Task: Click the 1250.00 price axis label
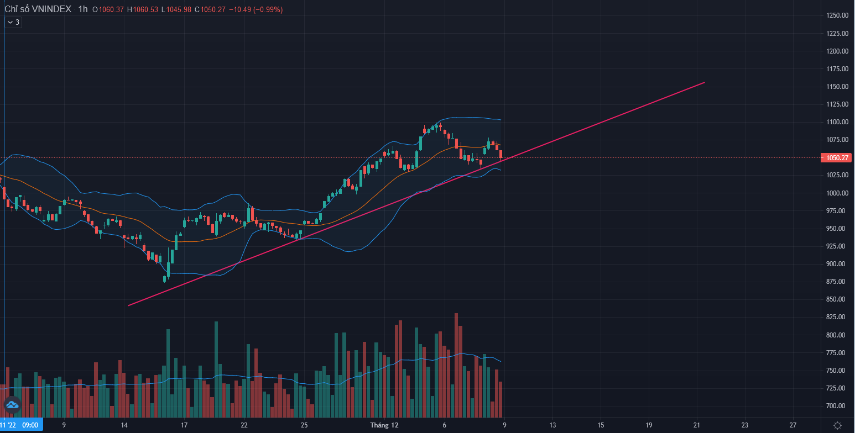tap(837, 15)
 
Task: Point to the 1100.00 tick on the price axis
tap(837, 122)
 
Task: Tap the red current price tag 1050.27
tap(837, 157)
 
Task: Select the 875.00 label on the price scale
tap(837, 282)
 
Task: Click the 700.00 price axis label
tap(837, 405)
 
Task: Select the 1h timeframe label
tap(83, 9)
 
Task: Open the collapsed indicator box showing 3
tap(13, 22)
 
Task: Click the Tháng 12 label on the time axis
tap(384, 425)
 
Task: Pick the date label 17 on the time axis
tap(184, 425)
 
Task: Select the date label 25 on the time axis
tap(304, 425)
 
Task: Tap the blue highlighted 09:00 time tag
tap(30, 425)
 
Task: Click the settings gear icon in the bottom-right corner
tap(837, 425)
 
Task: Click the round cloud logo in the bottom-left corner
tap(12, 405)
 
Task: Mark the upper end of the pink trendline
tap(704, 82)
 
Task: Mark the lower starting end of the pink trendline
tap(128, 305)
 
